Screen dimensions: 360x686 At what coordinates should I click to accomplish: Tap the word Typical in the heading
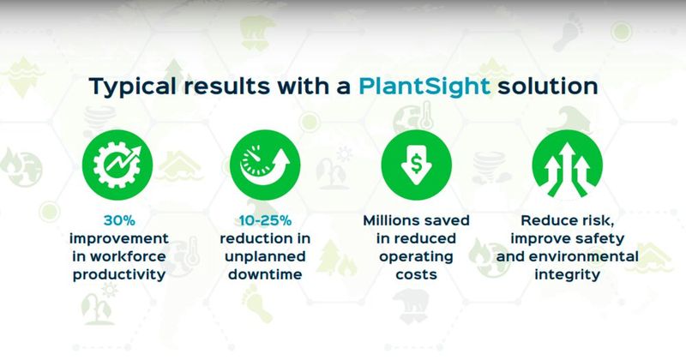(x=130, y=87)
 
